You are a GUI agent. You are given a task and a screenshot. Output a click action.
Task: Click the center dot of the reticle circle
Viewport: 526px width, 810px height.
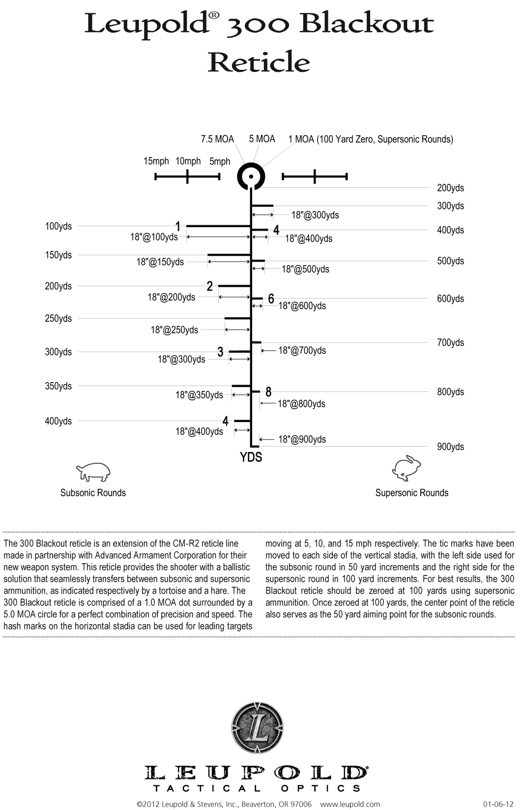(251, 176)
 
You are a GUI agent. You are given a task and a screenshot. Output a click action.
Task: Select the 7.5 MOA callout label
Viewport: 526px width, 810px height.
(217, 139)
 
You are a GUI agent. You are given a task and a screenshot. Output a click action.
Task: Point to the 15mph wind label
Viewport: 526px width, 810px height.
(156, 161)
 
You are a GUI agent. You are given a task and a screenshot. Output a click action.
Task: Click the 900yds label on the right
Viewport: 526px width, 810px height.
(450, 447)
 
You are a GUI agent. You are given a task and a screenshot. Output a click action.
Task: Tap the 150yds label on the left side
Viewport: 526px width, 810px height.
(58, 255)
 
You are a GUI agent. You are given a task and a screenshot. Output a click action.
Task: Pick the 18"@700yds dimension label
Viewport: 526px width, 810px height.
(302, 351)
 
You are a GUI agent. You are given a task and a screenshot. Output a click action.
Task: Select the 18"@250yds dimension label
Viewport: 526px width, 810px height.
(175, 330)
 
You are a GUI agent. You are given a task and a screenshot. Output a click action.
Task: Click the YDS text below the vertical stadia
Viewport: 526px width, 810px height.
(251, 457)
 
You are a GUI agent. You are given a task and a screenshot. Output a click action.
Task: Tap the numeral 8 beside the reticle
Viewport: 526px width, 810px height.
(268, 392)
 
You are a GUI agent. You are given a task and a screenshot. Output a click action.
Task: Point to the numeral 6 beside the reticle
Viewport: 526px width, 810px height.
(271, 299)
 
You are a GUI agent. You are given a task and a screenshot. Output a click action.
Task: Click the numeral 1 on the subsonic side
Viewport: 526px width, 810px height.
(178, 226)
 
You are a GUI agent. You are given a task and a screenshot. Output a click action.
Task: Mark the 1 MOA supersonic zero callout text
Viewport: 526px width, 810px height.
(371, 139)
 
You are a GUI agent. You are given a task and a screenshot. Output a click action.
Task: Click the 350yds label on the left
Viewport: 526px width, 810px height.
(58, 386)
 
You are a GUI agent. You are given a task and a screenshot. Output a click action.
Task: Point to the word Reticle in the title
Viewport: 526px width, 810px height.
(259, 62)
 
